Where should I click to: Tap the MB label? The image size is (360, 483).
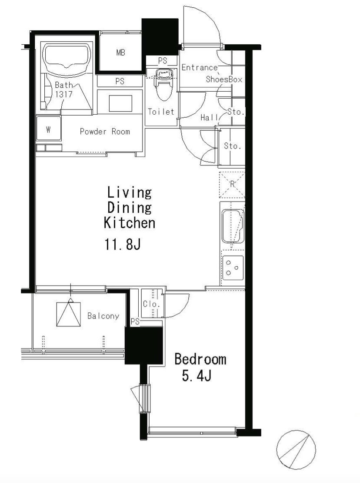click(x=121, y=53)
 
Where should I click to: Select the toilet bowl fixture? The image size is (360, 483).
click(x=163, y=85)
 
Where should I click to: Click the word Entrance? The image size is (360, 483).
click(x=199, y=67)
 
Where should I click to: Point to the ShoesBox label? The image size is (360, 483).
click(x=224, y=79)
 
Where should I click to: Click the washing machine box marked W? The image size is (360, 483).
click(x=48, y=129)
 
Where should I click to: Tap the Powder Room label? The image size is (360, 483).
click(x=105, y=132)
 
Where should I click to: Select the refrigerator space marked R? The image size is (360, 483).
click(x=232, y=185)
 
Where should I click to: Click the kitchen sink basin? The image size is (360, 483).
click(x=233, y=226)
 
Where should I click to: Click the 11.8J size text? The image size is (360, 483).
click(x=123, y=245)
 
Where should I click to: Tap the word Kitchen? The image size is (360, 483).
click(x=130, y=222)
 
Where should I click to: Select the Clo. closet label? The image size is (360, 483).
click(x=151, y=304)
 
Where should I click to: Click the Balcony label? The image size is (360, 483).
click(x=103, y=316)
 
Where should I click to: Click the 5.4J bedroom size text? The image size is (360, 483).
click(x=197, y=376)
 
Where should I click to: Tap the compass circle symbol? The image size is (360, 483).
click(x=296, y=450)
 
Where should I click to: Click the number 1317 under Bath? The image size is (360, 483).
click(x=64, y=94)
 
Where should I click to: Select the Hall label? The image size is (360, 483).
click(x=210, y=117)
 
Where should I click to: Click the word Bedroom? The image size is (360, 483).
click(x=200, y=359)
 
